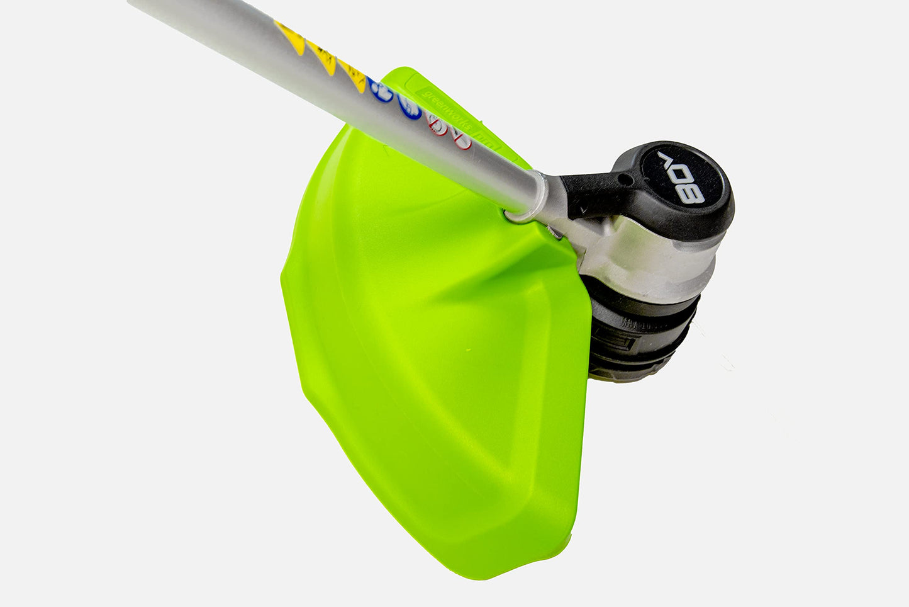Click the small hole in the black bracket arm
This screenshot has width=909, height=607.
click(626, 179)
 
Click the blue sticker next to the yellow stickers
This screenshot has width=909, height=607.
click(381, 92)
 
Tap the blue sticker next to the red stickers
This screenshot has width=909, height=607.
click(410, 107)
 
